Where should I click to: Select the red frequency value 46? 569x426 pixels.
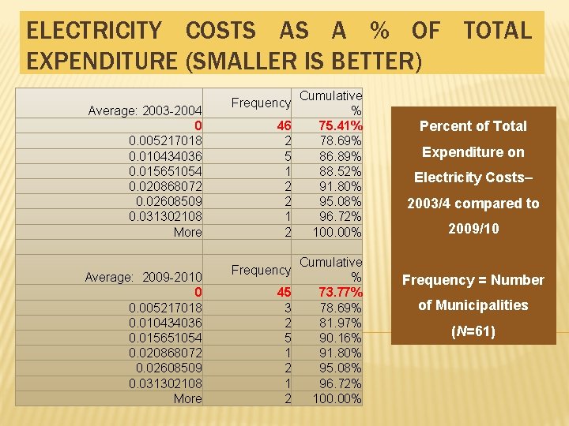click(284, 126)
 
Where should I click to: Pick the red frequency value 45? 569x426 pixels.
click(284, 293)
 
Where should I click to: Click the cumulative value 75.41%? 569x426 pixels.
click(340, 126)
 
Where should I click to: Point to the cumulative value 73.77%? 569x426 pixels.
click(340, 293)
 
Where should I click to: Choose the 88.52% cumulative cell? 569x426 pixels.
click(341, 171)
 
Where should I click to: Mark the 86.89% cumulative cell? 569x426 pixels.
click(341, 156)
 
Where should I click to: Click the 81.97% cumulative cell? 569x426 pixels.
click(341, 323)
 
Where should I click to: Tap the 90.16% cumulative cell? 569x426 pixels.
click(341, 338)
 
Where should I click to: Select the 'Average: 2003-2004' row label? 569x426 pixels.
click(145, 110)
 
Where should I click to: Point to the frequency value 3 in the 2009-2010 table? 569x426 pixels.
click(288, 308)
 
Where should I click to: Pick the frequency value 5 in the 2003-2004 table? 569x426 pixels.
click(288, 156)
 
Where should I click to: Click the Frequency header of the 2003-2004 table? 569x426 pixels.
click(261, 103)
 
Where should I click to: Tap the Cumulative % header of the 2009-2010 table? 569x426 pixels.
click(330, 269)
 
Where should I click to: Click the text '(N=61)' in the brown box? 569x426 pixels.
click(473, 331)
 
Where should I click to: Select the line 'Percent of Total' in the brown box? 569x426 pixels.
click(473, 126)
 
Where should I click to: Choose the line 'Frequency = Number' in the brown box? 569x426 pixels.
click(473, 280)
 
